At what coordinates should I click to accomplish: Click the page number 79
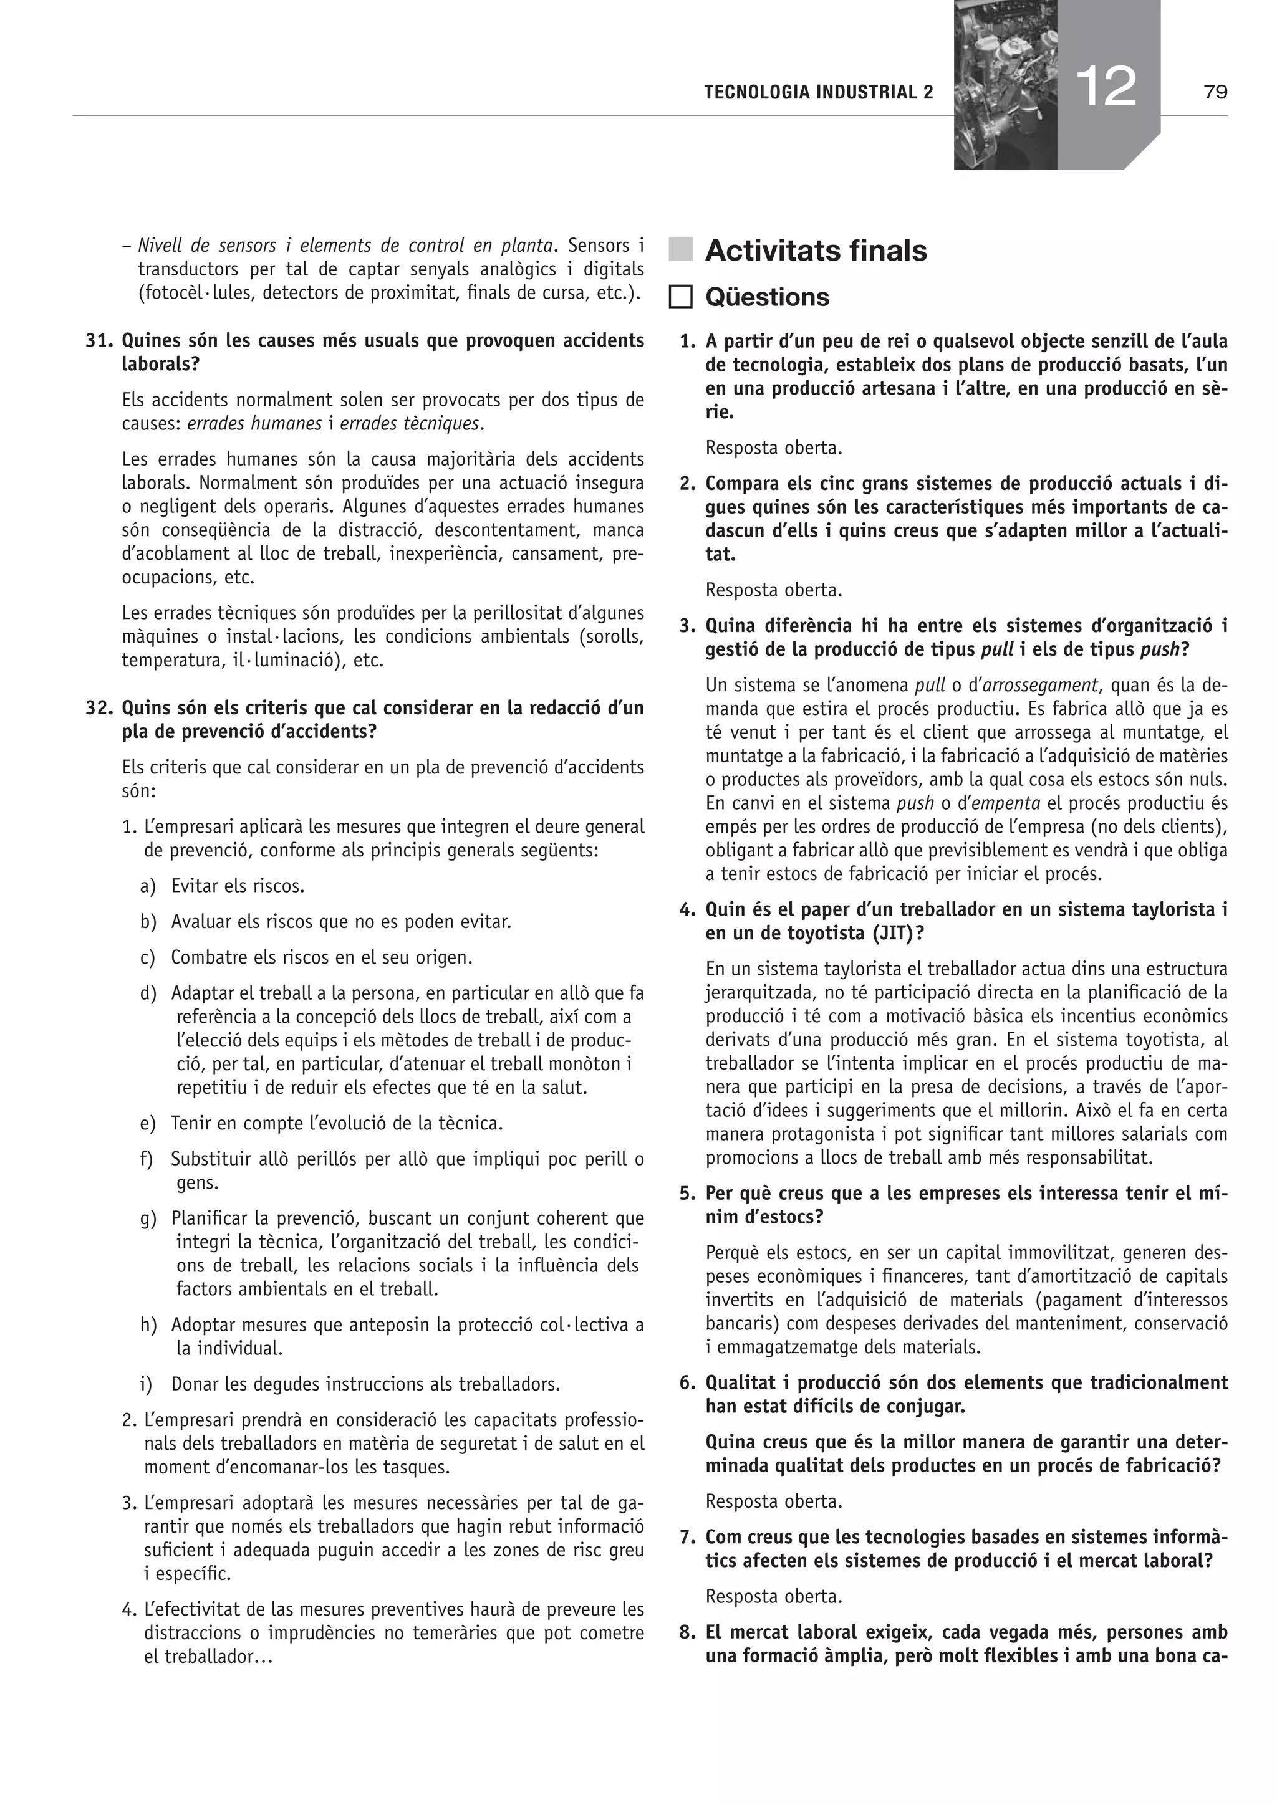pyautogui.click(x=1215, y=93)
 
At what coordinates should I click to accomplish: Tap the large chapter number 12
pyautogui.click(x=1108, y=87)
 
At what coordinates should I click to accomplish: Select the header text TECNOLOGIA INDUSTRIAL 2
pyautogui.click(x=819, y=93)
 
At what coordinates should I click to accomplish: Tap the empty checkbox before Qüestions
pyautogui.click(x=681, y=297)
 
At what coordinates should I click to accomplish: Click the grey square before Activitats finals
pyautogui.click(x=681, y=250)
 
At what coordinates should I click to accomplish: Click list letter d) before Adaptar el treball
pyautogui.click(x=148, y=993)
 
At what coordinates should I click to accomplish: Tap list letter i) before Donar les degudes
pyautogui.click(x=147, y=1384)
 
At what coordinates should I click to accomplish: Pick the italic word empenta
pyautogui.click(x=995, y=803)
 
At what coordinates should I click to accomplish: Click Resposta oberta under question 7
pyautogui.click(x=774, y=1597)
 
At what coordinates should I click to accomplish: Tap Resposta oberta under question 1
pyautogui.click(x=774, y=448)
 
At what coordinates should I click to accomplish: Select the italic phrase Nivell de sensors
pyautogui.click(x=206, y=246)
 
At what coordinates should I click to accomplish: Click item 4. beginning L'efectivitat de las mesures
pyautogui.click(x=130, y=1609)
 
